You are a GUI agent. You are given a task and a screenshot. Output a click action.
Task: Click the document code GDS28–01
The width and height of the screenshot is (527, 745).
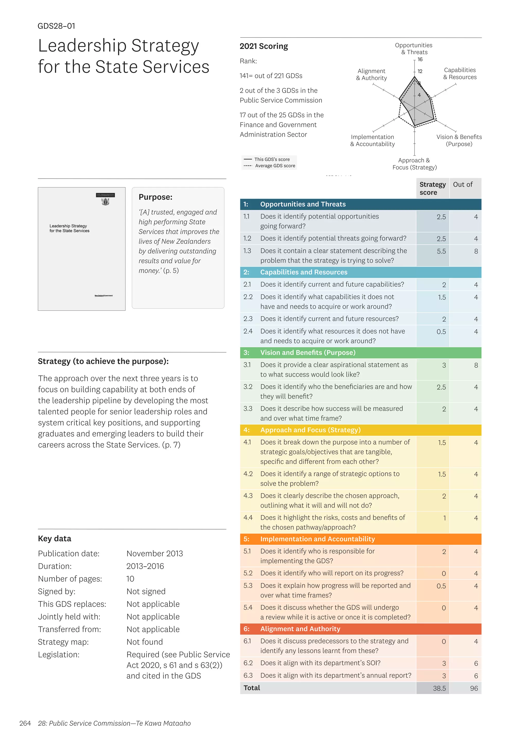(x=56, y=26)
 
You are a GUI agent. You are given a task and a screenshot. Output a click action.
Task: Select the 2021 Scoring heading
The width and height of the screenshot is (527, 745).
(x=263, y=46)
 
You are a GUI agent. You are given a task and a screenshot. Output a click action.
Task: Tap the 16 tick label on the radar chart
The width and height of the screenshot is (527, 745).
(x=420, y=59)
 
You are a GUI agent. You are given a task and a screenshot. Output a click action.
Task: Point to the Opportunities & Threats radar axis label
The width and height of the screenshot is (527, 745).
(x=414, y=49)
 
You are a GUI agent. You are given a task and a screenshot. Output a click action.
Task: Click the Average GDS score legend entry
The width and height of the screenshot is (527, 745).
(x=275, y=166)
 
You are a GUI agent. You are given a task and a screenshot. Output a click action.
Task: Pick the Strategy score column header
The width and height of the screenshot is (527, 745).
(x=432, y=188)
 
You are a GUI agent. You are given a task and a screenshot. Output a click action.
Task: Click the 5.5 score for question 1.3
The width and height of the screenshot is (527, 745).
(x=441, y=251)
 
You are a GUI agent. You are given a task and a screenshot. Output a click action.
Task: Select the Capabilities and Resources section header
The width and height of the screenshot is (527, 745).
(x=303, y=272)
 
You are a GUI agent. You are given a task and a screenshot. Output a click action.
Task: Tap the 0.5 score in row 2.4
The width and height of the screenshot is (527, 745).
(x=441, y=332)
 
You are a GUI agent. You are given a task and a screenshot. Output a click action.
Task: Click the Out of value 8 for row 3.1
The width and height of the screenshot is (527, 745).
(x=476, y=365)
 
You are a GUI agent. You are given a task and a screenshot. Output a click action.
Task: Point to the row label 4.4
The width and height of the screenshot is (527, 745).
(x=248, y=518)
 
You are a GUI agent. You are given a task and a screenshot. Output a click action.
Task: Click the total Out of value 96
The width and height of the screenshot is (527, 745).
(x=474, y=688)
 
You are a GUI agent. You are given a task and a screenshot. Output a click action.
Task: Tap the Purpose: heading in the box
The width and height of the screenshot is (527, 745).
(x=155, y=197)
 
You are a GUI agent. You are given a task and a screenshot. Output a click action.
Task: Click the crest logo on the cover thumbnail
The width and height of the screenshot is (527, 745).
(x=106, y=201)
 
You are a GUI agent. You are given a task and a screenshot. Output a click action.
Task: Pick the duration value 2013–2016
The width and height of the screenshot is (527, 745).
(x=145, y=566)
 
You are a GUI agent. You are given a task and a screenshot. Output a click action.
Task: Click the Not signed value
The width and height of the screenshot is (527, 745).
(x=146, y=591)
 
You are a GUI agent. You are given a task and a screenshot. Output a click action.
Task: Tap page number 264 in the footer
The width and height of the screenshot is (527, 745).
(x=25, y=723)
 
